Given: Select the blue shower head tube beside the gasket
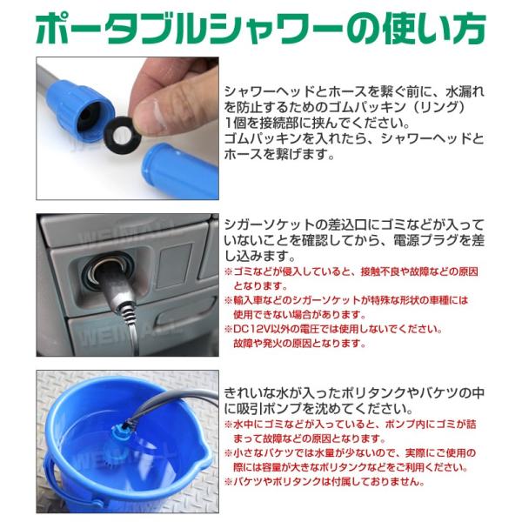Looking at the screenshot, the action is point(180,171).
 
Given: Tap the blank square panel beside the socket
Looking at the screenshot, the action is point(175,265).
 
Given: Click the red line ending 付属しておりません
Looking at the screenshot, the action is point(325,481).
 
